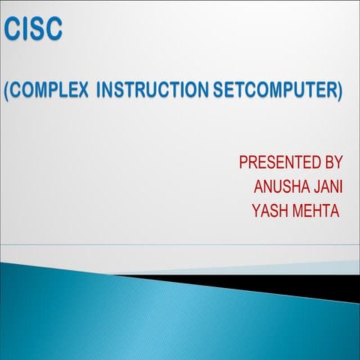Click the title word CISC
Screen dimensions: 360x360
[x=33, y=30]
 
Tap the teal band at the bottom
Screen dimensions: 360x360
[x=150, y=322]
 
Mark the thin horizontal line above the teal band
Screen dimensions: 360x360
[x=180, y=244]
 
